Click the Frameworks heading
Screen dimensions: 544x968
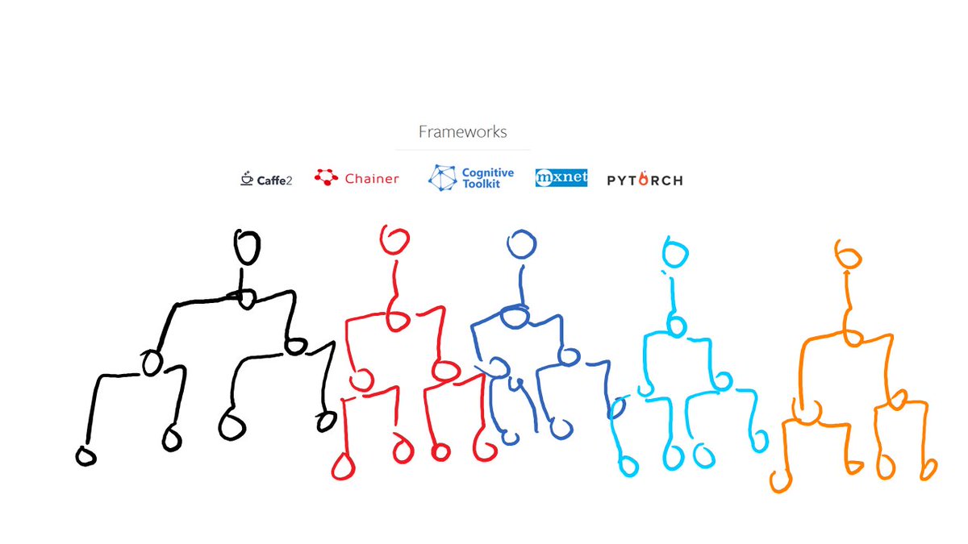click(x=462, y=131)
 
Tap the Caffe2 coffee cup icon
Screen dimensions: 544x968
click(x=247, y=179)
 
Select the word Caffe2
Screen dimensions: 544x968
click(x=274, y=180)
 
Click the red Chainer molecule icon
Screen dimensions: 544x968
click(x=326, y=178)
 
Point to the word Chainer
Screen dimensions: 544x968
click(x=372, y=179)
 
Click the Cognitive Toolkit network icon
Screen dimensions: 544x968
click(x=442, y=178)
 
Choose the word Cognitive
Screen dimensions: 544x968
click(x=487, y=173)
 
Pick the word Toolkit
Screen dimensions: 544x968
click(x=481, y=185)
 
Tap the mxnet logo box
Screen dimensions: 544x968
click(x=561, y=178)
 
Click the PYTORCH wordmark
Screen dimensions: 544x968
click(x=645, y=180)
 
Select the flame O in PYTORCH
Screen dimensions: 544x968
click(x=643, y=180)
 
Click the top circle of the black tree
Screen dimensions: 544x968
click(x=247, y=247)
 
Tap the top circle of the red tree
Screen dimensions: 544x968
click(x=395, y=239)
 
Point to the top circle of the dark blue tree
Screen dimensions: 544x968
click(x=521, y=243)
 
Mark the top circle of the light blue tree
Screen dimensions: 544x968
click(x=674, y=253)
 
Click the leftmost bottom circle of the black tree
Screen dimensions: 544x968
click(x=86, y=456)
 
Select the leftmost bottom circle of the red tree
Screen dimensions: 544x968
click(x=344, y=467)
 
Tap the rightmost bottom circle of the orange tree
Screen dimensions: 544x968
click(x=928, y=467)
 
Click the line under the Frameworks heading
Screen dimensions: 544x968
click(x=462, y=150)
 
